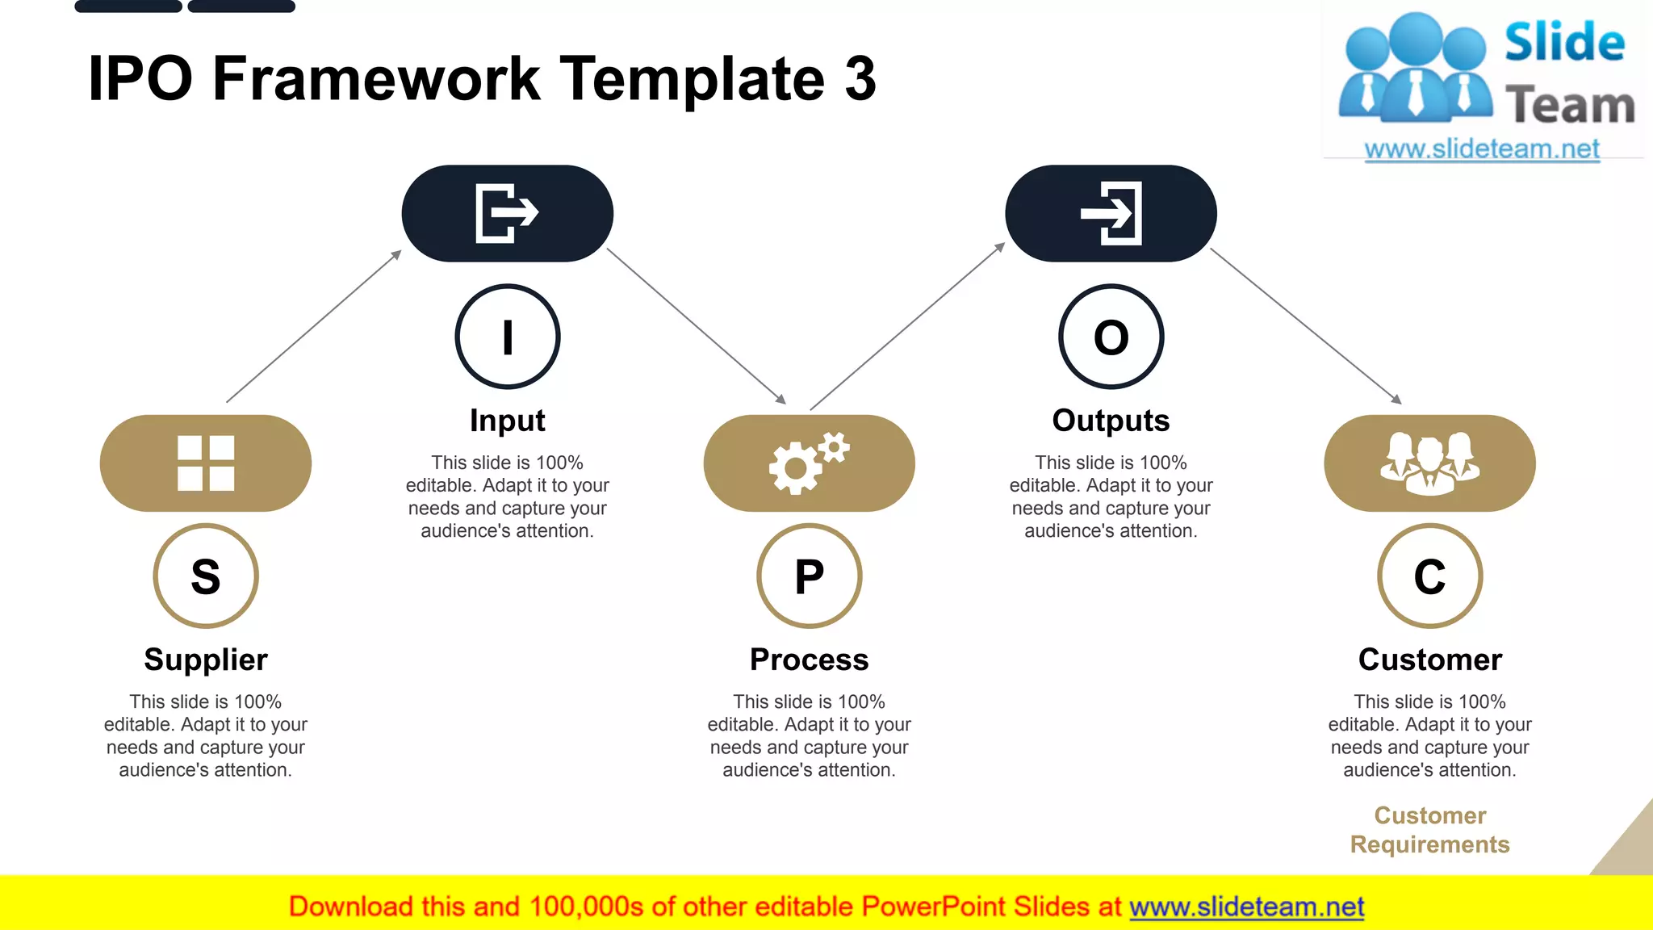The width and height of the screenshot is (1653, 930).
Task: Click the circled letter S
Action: [206, 576]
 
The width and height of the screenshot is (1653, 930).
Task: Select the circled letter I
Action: [508, 337]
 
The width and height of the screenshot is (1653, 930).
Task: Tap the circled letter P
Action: [810, 576]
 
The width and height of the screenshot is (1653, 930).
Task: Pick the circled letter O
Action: [1111, 337]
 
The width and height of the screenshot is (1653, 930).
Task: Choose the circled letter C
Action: [1429, 576]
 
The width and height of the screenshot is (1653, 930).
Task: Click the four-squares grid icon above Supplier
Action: [206, 463]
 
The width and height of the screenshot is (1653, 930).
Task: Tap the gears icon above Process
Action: [809, 463]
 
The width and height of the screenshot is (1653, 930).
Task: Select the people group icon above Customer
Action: [1429, 463]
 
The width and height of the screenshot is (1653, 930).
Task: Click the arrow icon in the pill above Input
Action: [507, 213]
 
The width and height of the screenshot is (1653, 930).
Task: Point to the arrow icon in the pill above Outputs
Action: [1111, 213]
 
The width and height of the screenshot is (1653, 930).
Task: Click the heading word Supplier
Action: [206, 660]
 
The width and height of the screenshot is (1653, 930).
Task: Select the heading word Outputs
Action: [1111, 421]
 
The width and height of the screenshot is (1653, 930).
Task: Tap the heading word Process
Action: [809, 660]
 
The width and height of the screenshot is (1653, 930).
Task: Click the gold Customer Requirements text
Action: [1429, 830]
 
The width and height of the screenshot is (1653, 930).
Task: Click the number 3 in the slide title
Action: [860, 79]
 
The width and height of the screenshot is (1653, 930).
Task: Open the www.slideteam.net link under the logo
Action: [1482, 149]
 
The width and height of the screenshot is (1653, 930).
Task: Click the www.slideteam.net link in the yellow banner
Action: [1246, 907]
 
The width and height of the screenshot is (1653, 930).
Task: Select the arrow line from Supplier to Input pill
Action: [314, 326]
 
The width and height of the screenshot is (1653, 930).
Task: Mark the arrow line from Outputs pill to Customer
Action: [1305, 325]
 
